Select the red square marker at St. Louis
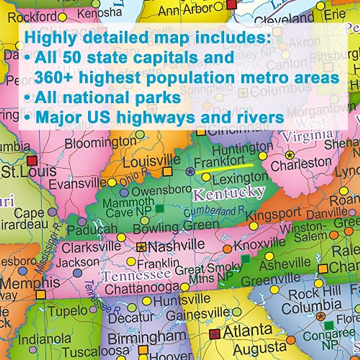(32, 160)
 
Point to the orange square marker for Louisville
(167, 171)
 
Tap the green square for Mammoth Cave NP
(160, 208)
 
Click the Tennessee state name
(136, 274)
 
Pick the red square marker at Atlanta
(214, 334)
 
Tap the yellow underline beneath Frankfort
(224, 168)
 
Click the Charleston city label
(301, 164)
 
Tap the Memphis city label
(30, 283)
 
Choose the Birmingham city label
(147, 338)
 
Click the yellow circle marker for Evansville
(112, 182)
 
